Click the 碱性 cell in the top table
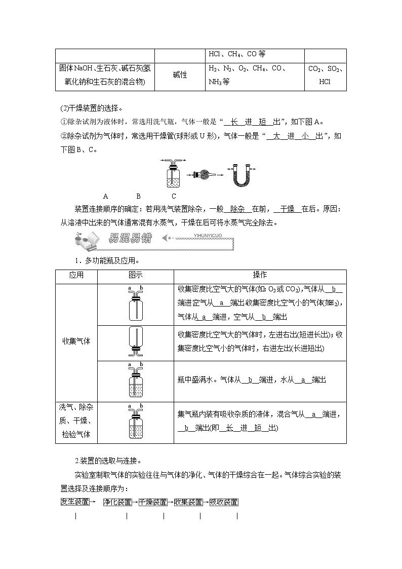180,75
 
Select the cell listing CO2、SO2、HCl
326,75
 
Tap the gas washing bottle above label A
173,174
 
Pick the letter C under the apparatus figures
174,196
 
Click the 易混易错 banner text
130,238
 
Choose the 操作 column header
260,275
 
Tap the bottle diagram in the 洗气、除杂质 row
135,421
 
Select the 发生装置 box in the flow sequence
75,502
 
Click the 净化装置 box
117,502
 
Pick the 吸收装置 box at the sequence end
223,502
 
